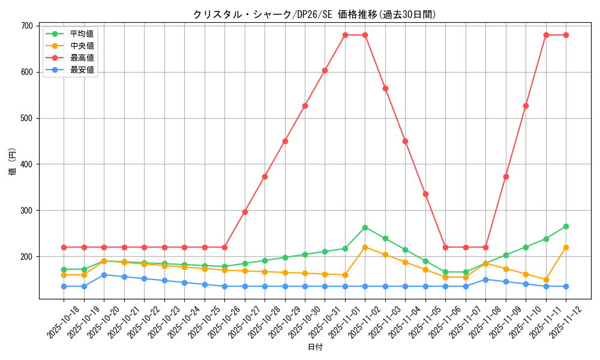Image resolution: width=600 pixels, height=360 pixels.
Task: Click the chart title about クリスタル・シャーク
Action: [314, 14]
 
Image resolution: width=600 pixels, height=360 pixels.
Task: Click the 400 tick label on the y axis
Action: [27, 164]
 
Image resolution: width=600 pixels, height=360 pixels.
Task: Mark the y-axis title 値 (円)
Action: [13, 162]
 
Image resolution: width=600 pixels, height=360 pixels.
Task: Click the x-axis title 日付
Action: [315, 347]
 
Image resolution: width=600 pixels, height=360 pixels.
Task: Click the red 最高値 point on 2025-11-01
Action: [345, 35]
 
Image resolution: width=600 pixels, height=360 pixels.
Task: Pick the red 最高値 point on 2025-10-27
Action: [245, 212]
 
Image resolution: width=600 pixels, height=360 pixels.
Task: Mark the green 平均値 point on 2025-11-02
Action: [365, 227]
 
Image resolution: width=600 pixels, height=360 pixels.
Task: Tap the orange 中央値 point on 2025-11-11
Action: [546, 280]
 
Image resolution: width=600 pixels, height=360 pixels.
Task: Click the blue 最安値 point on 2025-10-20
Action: [104, 275]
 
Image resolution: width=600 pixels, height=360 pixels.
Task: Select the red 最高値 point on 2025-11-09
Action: [506, 176]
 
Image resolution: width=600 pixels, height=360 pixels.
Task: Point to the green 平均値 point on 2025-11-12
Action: [566, 226]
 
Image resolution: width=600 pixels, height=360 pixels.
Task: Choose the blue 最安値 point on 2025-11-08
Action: [485, 279]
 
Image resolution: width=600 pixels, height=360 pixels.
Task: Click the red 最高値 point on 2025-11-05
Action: [425, 194]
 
